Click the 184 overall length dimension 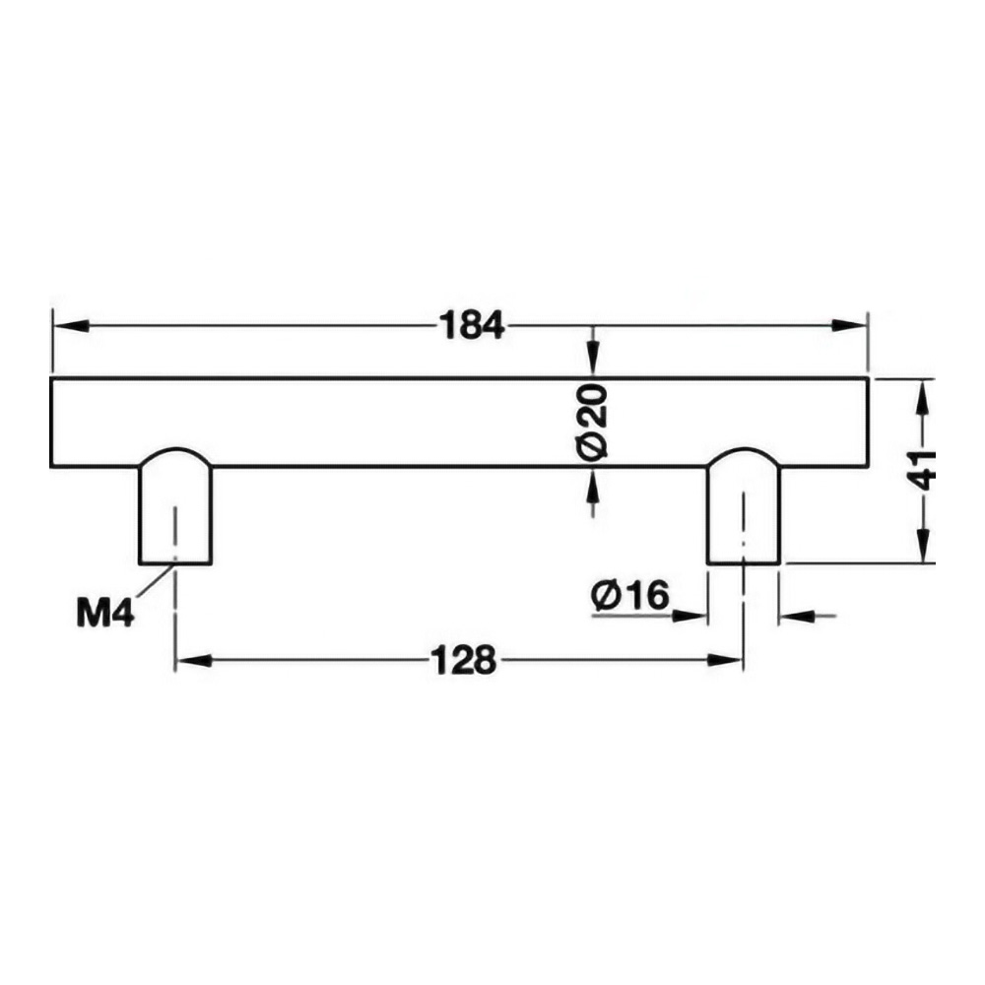pos(471,326)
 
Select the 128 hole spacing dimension pos(464,661)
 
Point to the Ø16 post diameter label pos(630,595)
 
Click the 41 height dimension pos(922,470)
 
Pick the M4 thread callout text pos(105,613)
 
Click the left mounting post pos(175,506)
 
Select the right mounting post pos(744,506)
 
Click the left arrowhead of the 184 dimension pos(71,326)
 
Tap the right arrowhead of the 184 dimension pos(849,325)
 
